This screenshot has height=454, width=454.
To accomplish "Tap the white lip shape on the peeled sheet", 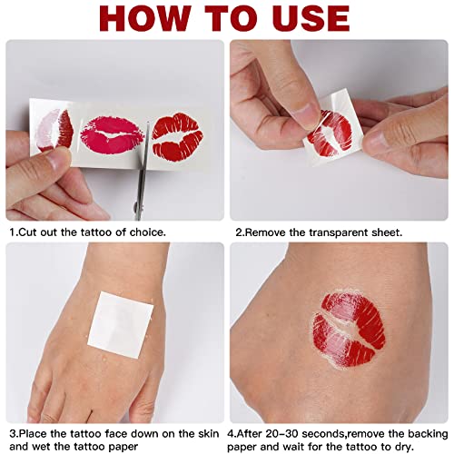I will click(x=322, y=136).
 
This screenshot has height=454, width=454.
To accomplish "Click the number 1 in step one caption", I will click(x=14, y=232).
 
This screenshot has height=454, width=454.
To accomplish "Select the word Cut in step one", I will click(x=31, y=232).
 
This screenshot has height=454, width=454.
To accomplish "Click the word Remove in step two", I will click(x=271, y=232).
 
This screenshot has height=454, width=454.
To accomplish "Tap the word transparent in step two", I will click(x=352, y=232).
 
